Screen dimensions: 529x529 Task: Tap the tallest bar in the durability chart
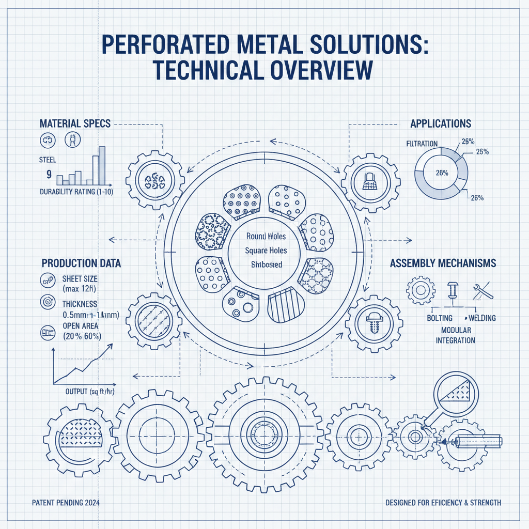pos(102,165)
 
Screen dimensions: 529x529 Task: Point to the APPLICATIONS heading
pos(441,124)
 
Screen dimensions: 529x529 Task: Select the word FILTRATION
pos(422,143)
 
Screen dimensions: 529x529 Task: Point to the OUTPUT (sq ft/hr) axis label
pos(90,391)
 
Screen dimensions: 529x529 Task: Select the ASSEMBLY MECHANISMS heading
pos(443,263)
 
